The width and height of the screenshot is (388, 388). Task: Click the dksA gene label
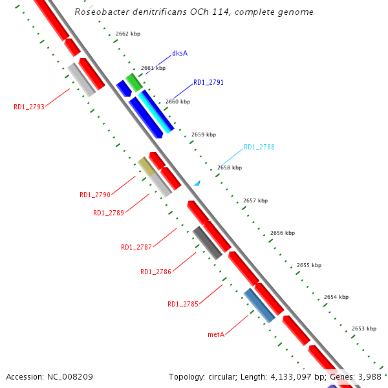[x=180, y=53]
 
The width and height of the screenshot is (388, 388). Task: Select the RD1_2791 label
[x=208, y=83]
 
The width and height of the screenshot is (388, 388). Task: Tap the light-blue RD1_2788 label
[x=259, y=147]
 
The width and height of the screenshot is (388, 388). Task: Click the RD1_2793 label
[x=29, y=107]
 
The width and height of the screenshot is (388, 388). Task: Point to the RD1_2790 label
[x=95, y=195]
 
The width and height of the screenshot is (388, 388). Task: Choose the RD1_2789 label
[x=109, y=213]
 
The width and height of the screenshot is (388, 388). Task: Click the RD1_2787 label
[x=136, y=247]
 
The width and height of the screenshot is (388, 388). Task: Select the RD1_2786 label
[x=156, y=272]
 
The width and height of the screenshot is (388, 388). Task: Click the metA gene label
[x=216, y=334]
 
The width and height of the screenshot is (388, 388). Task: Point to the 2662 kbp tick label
[x=128, y=34]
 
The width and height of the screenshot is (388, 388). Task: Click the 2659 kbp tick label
[x=204, y=135]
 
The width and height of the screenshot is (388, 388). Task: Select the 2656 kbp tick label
[x=283, y=233]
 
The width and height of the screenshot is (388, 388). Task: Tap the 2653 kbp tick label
[x=364, y=329]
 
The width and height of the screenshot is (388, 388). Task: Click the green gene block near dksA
[x=134, y=82]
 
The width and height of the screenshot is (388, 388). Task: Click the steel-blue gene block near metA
[x=259, y=305]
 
